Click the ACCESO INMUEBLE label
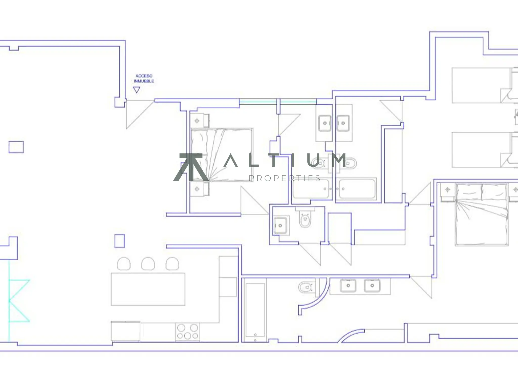point(144,79)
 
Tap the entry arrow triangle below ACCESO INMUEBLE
point(137,90)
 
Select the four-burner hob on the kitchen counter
point(187,332)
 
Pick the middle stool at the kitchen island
point(148,264)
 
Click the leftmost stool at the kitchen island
point(124,264)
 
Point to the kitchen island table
point(148,289)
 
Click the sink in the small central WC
point(280,225)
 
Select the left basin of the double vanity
point(348,285)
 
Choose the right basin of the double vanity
point(372,285)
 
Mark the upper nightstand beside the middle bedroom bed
point(199,121)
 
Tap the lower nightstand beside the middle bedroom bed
point(199,189)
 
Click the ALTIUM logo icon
point(191,167)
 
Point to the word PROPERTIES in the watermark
point(285,179)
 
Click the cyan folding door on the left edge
point(19,301)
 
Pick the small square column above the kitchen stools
point(120,241)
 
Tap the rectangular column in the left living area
point(16,147)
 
